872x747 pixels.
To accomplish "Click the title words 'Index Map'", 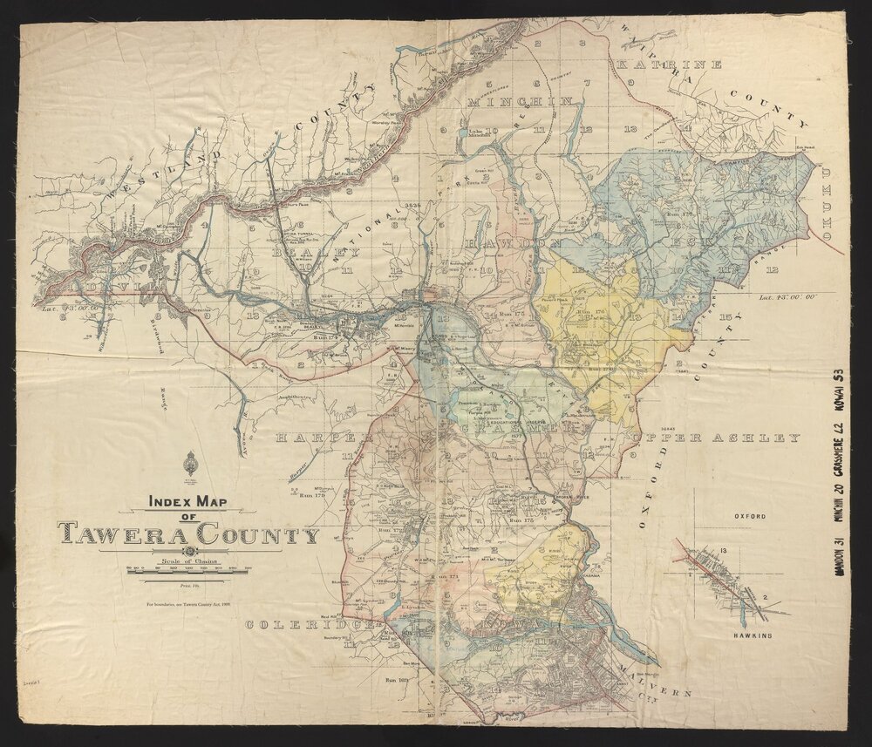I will (187, 503).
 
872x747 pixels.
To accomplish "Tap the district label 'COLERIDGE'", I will (310, 624).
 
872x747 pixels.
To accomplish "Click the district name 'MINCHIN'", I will (521, 103).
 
